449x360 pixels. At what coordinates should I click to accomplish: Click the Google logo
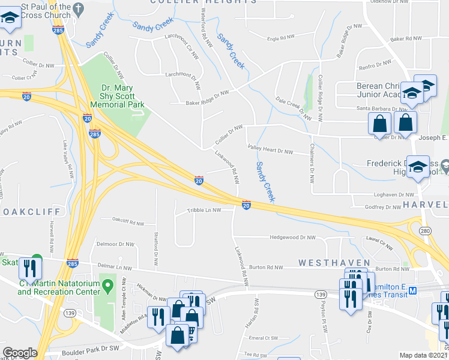point(20,353)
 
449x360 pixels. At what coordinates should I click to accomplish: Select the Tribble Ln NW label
point(204,210)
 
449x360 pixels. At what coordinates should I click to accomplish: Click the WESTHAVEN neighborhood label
point(327,263)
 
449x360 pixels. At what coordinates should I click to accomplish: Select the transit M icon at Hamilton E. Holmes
point(412,291)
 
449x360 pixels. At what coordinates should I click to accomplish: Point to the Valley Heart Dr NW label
point(270,152)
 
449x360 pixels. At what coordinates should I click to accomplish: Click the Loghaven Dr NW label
point(394,195)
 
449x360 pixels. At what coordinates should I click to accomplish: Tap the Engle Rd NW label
point(281,38)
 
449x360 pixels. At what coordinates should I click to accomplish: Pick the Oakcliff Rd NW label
point(128,223)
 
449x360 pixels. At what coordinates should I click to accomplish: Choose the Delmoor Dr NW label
point(115,244)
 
